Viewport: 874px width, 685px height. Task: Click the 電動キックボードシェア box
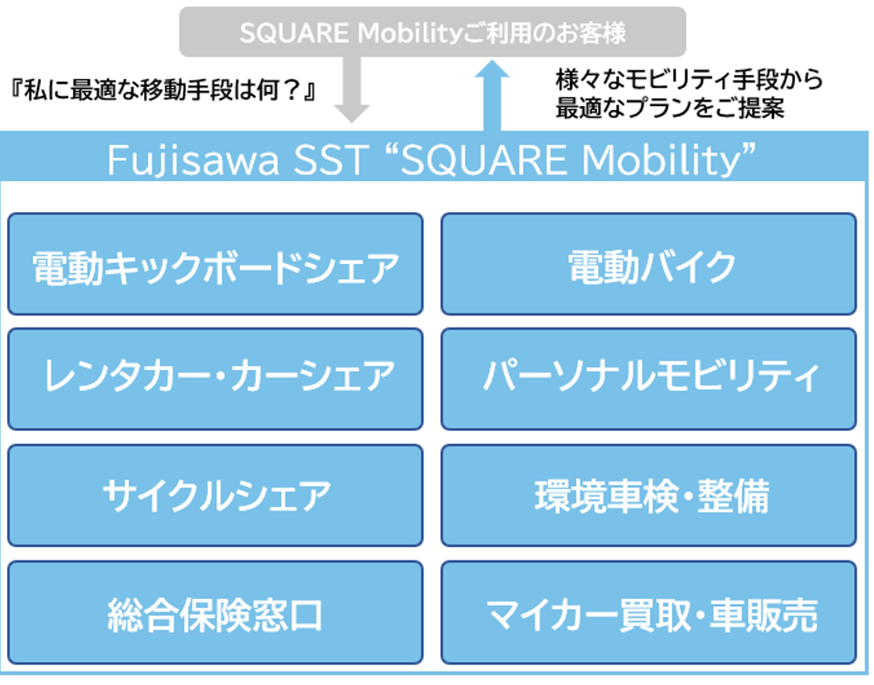coord(215,264)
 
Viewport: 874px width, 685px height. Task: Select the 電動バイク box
coord(648,264)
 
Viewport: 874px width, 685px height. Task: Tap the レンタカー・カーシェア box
coord(215,379)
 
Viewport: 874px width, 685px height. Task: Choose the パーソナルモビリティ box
coord(648,379)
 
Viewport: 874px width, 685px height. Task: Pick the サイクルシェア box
coord(215,495)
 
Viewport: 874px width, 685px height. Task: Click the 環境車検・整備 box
coord(648,495)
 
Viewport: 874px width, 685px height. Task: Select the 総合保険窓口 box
coord(215,612)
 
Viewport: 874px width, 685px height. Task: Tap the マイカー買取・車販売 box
coord(648,612)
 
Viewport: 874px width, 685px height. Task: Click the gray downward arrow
coord(351,89)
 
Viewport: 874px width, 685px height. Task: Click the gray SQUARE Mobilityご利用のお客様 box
coord(433,32)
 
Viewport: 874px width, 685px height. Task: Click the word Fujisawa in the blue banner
coord(194,160)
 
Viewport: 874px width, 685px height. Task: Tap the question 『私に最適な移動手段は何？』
coord(163,91)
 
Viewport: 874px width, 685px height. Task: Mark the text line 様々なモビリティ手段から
coord(690,80)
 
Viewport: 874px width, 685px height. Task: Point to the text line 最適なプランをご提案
coord(670,108)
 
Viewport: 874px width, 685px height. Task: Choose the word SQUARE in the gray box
coord(294,33)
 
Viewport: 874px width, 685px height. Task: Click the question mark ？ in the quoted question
coord(292,91)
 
